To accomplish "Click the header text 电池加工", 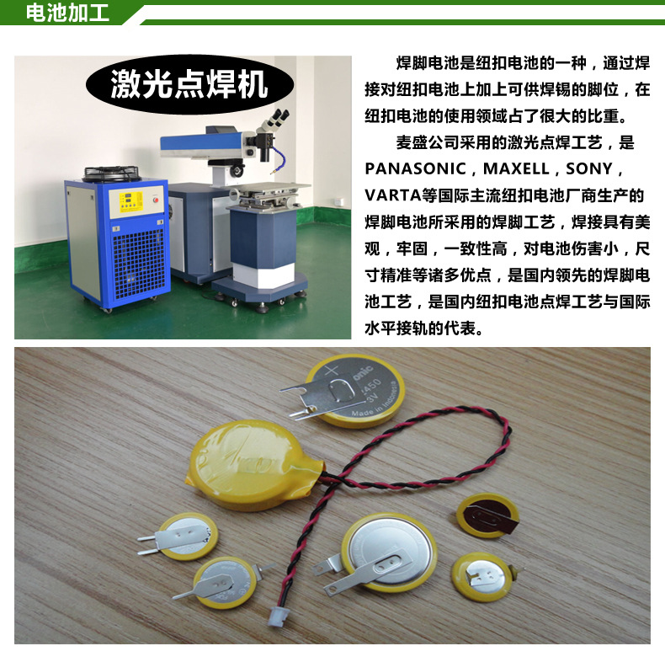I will click(67, 13).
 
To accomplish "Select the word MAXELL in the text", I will click(516, 168).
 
